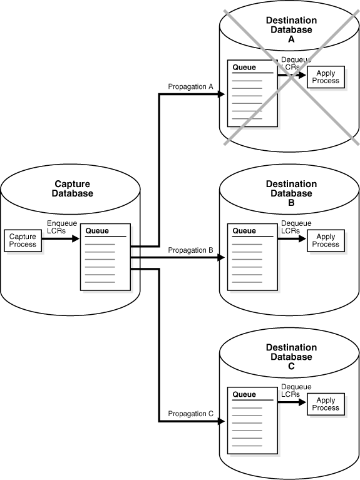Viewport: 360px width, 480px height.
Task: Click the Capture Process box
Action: click(23, 240)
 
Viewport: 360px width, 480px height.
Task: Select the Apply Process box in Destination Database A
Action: click(325, 76)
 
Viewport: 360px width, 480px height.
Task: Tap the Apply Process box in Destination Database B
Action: click(326, 240)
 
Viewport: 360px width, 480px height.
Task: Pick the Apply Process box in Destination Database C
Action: click(326, 404)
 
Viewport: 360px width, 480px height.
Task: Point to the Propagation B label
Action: click(191, 250)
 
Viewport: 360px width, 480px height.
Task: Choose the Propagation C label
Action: click(191, 414)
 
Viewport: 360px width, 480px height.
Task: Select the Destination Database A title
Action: click(291, 29)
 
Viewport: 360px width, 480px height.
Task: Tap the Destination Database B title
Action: click(291, 193)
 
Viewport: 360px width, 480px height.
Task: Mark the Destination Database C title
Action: click(291, 357)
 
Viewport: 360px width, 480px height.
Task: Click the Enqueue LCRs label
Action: click(60, 227)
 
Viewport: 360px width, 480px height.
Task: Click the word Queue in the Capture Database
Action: click(96, 231)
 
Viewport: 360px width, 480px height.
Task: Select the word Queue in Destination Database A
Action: click(244, 67)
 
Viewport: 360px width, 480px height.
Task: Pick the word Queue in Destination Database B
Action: click(244, 231)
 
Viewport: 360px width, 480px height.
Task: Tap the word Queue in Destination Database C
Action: click(244, 394)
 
